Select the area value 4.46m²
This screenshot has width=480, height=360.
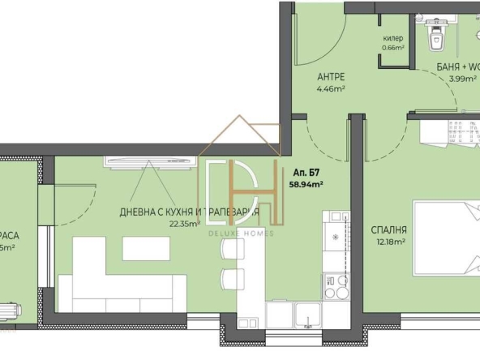click(331, 89)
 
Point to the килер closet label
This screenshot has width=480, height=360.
click(393, 38)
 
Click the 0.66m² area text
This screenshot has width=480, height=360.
click(393, 47)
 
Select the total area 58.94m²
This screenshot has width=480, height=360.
click(306, 184)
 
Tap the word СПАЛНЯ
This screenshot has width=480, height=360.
click(389, 229)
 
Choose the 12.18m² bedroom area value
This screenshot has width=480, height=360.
click(390, 241)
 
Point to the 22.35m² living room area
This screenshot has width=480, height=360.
click(184, 225)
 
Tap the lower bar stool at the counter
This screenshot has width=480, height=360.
click(231, 278)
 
